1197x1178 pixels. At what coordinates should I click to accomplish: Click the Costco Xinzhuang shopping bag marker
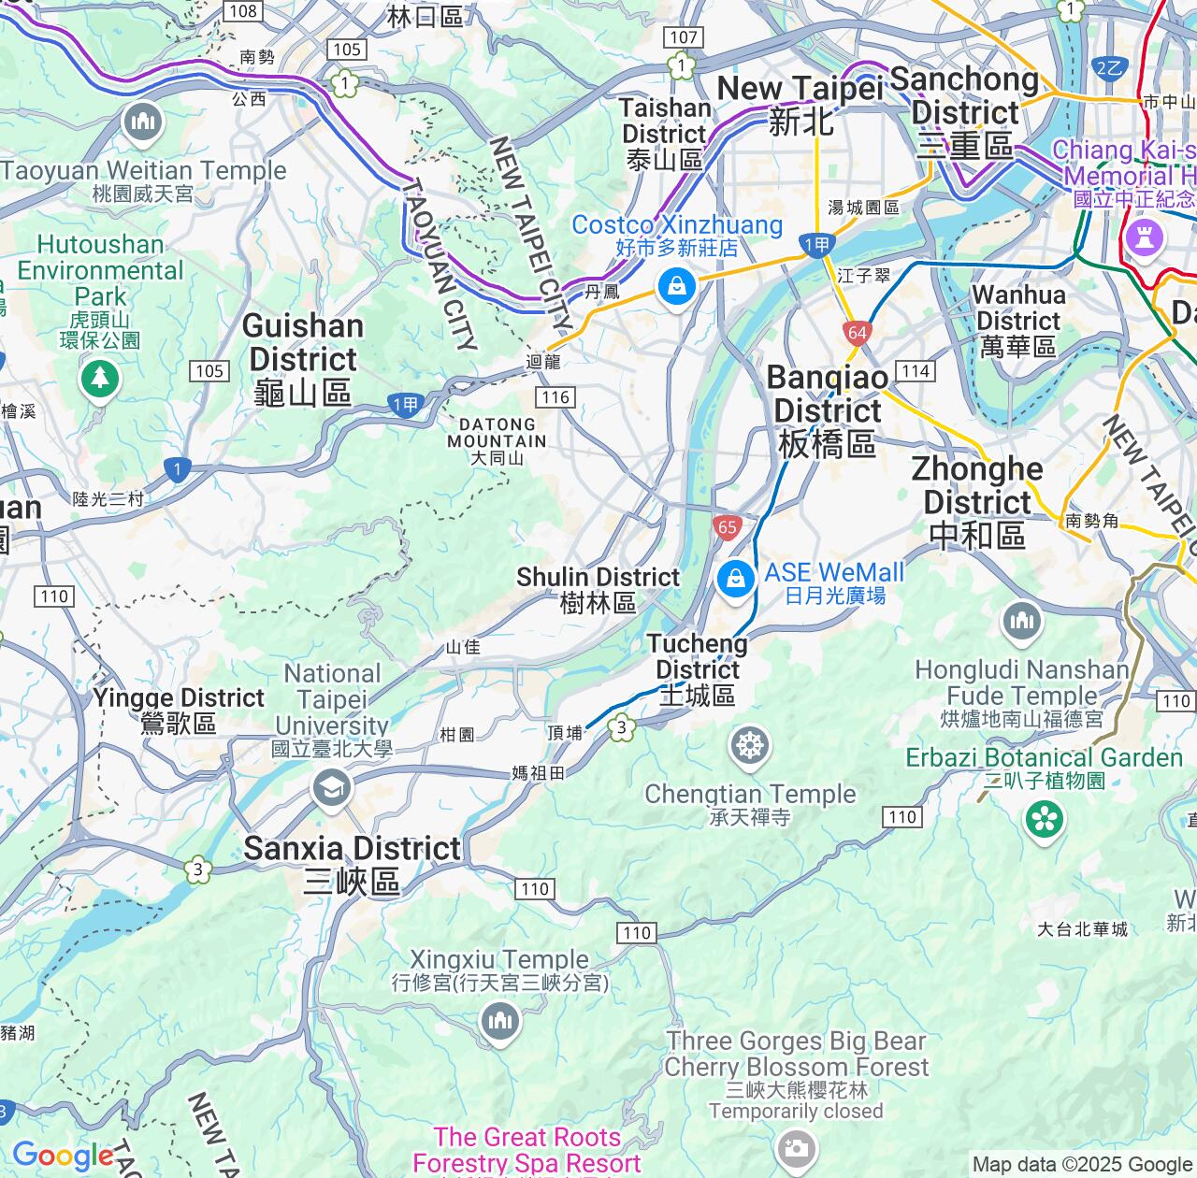(676, 285)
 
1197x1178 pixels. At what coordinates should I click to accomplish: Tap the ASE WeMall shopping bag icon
(736, 580)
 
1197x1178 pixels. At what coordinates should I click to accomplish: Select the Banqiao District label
(828, 411)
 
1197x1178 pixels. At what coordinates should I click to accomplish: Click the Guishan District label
(302, 359)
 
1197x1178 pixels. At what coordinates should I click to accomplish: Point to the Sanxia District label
(352, 863)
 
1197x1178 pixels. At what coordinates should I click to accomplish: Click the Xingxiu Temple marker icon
(499, 1020)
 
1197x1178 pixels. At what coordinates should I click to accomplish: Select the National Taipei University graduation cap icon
(331, 789)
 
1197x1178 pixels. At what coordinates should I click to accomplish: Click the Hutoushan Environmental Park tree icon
(100, 379)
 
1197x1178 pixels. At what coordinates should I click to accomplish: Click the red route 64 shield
(857, 332)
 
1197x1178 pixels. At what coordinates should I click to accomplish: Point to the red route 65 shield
(728, 527)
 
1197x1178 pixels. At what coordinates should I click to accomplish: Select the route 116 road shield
(555, 397)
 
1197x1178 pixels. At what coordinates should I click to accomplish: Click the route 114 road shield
(916, 371)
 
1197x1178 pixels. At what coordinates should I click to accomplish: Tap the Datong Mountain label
(497, 440)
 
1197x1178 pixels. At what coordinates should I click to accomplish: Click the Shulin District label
(598, 590)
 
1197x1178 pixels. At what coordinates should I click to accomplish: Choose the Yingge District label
(179, 710)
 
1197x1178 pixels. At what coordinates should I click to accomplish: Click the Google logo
(63, 1156)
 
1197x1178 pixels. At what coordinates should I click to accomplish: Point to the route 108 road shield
(242, 11)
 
